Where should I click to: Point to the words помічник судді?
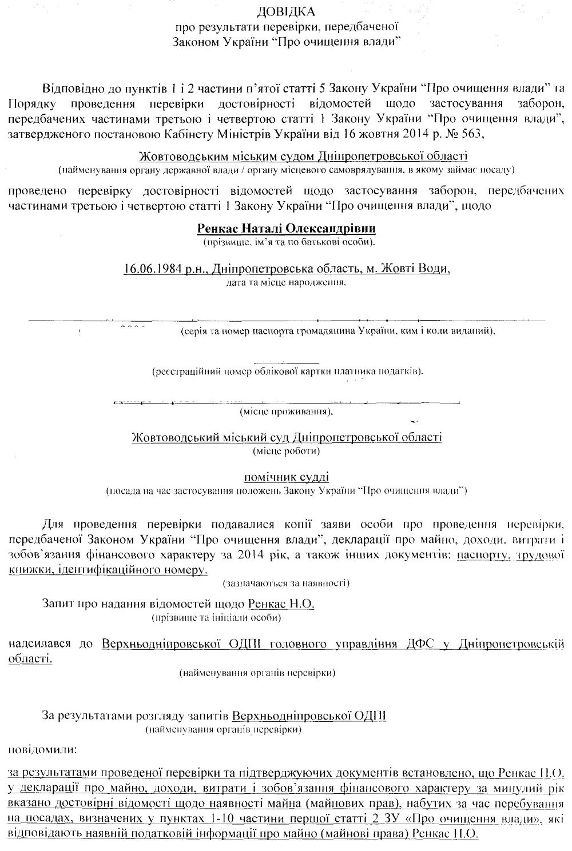click(x=286, y=477)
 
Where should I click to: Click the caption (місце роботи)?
click(x=286, y=451)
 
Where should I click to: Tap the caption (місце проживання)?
click(x=286, y=411)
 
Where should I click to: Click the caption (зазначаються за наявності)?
click(x=286, y=584)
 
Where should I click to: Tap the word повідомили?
click(x=43, y=748)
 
